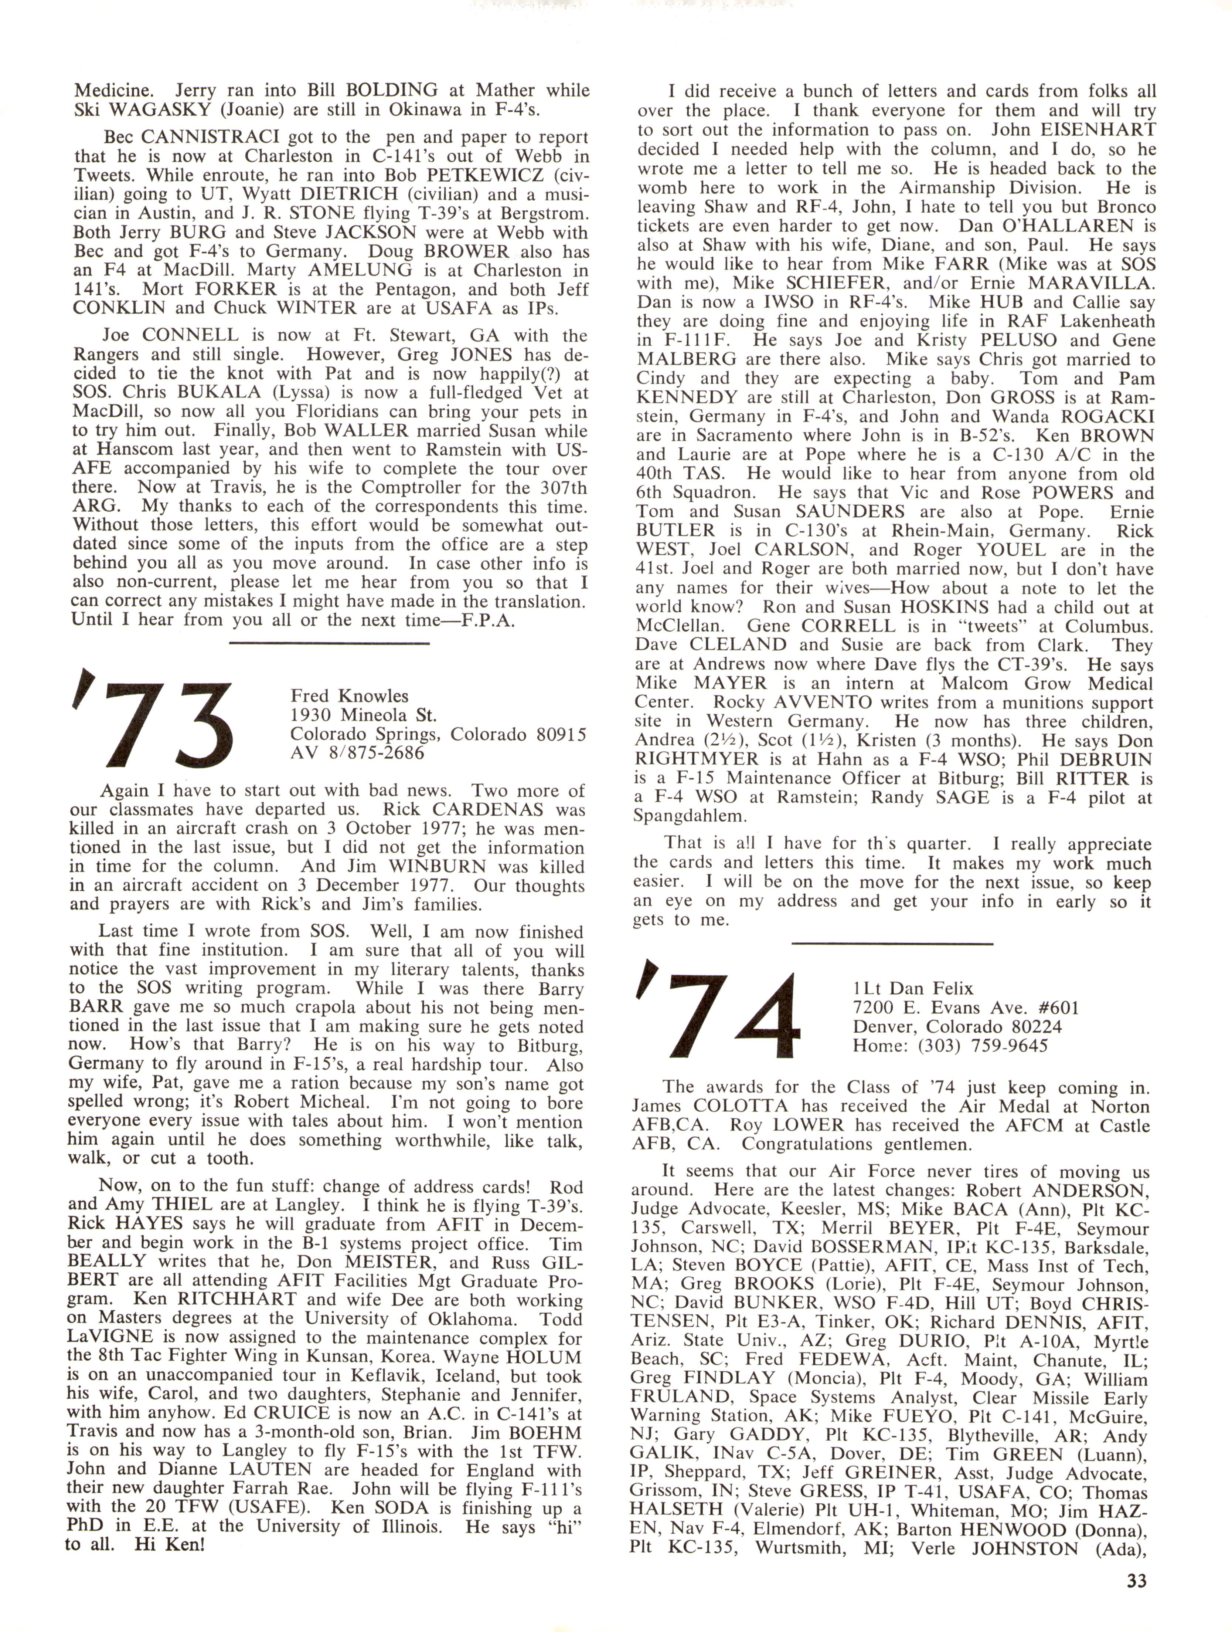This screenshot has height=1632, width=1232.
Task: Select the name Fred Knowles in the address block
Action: click(x=350, y=696)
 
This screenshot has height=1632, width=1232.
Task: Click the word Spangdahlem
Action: click(x=690, y=816)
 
